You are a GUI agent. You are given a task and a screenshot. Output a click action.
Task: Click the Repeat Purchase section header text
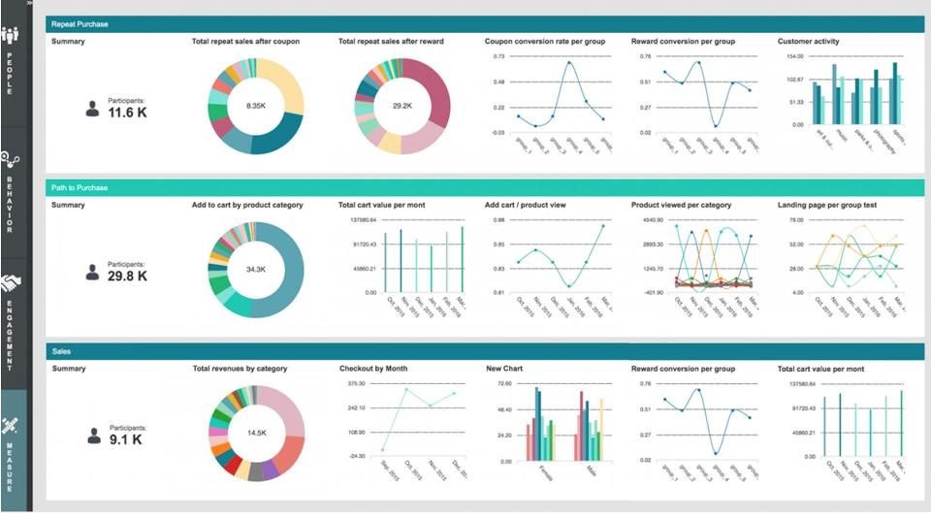(x=80, y=24)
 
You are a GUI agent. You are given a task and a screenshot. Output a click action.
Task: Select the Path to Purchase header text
(x=80, y=187)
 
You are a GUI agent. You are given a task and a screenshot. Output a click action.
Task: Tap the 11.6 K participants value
(x=127, y=114)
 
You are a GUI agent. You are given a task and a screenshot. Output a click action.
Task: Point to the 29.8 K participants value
(x=127, y=276)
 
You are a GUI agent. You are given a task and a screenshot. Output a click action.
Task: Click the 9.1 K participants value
(x=127, y=439)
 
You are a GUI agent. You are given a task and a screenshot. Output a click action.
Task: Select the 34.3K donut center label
(x=256, y=269)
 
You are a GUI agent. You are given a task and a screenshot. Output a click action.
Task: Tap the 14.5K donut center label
(x=256, y=432)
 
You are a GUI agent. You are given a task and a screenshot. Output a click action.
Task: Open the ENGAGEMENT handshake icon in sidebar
(x=11, y=284)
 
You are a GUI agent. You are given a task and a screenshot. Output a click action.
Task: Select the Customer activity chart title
(x=809, y=42)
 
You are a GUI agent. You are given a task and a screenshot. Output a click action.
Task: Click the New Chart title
(x=505, y=369)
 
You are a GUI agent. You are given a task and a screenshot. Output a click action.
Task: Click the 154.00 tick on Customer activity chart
(x=795, y=57)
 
